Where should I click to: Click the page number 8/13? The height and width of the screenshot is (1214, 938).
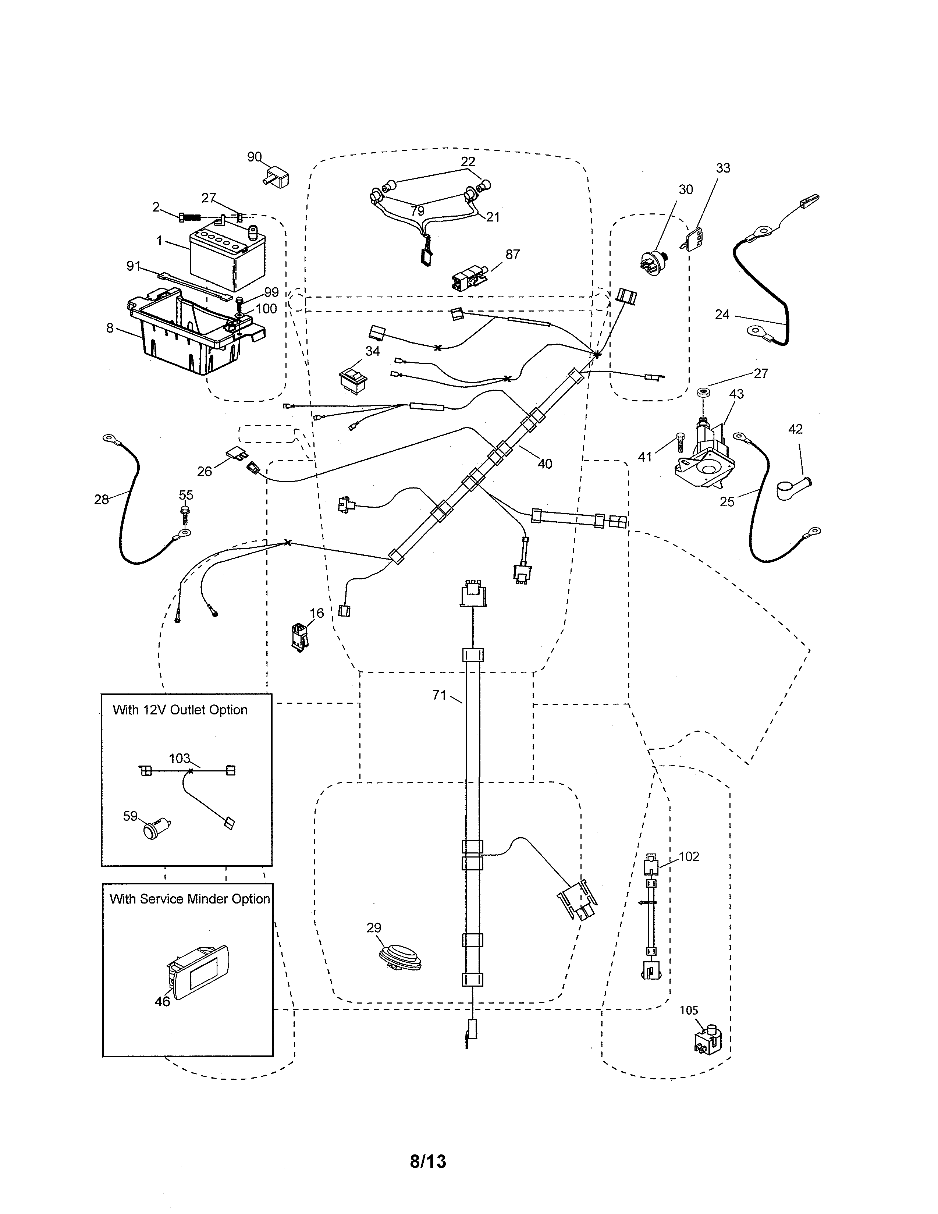point(427,1161)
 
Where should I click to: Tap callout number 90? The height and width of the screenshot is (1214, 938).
point(254,157)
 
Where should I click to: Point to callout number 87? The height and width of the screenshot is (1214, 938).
point(512,254)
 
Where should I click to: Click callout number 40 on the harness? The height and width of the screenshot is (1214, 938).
point(544,464)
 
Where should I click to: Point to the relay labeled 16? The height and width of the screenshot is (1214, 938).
point(299,636)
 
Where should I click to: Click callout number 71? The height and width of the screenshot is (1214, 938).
point(439,695)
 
